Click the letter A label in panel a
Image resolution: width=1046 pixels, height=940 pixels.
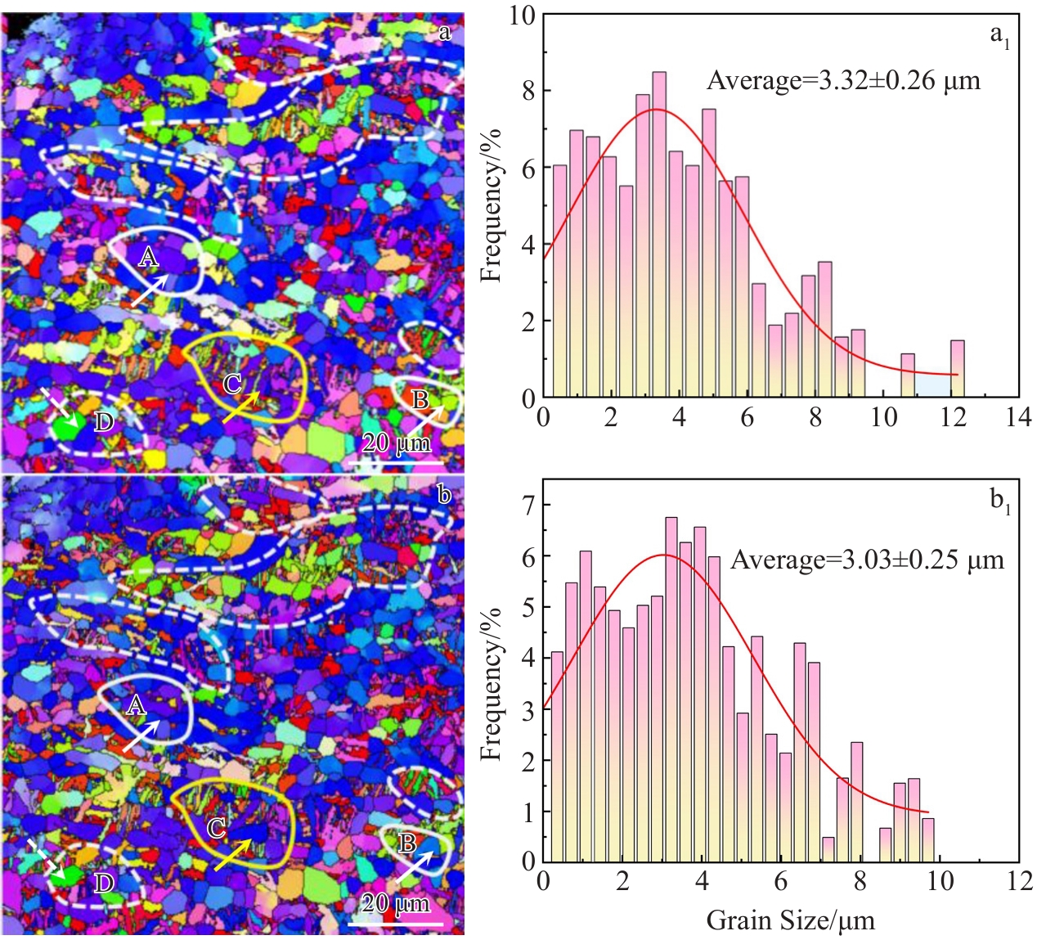click(x=148, y=259)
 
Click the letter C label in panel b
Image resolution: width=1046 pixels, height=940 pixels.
click(x=217, y=829)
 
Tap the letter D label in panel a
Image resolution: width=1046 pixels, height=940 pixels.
click(x=104, y=423)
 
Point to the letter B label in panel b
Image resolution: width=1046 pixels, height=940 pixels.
click(x=406, y=843)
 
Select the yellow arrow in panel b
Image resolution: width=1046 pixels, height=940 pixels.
click(x=234, y=854)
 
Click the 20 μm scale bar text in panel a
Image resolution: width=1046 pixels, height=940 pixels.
click(x=396, y=444)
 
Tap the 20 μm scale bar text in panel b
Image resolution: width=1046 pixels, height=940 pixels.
click(x=396, y=904)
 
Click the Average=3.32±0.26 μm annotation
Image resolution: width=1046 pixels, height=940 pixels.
click(x=842, y=81)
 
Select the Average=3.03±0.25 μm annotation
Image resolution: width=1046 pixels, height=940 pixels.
click(x=867, y=560)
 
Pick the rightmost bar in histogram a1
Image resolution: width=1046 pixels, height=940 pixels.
click(x=957, y=368)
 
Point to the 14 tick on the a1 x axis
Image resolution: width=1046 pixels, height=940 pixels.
click(x=1019, y=418)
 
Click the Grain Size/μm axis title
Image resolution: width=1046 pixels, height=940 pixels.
click(x=790, y=921)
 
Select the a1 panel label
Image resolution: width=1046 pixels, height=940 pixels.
click(x=999, y=35)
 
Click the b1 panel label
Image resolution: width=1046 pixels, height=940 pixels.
click(x=1000, y=501)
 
